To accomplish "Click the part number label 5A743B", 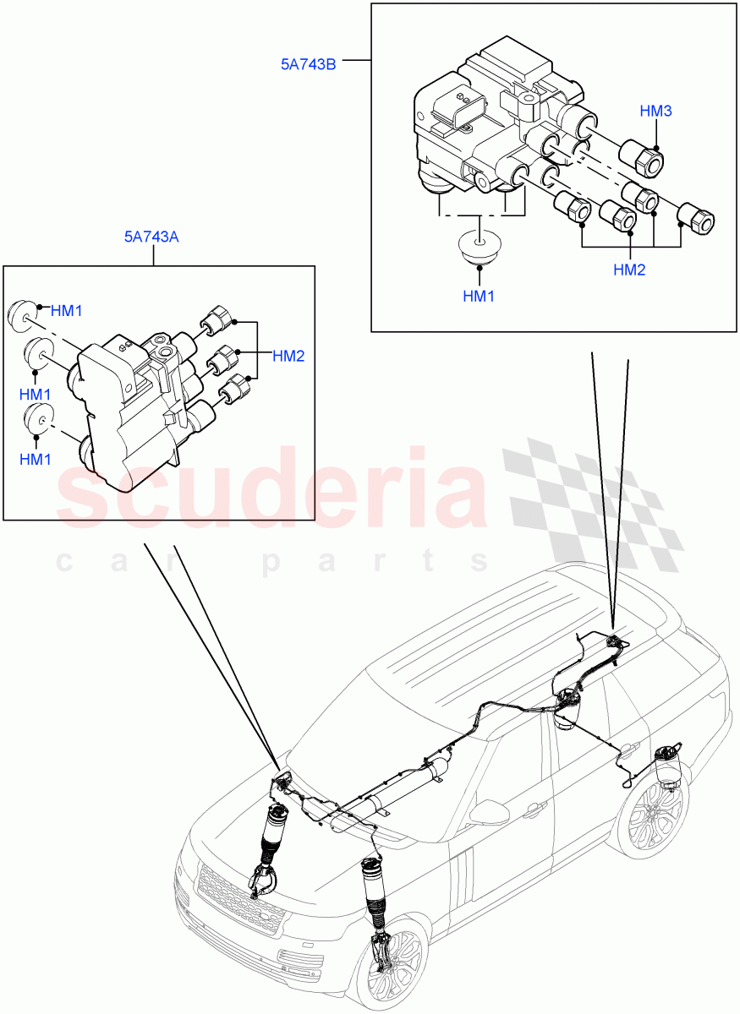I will [309, 62].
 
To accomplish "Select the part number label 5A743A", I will [151, 237].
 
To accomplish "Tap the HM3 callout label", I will [655, 111].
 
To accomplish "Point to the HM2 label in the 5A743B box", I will [630, 270].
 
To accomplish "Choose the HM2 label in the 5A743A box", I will [288, 356].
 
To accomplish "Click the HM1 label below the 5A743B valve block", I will [479, 297].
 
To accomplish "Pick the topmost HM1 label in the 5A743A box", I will [66, 311].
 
